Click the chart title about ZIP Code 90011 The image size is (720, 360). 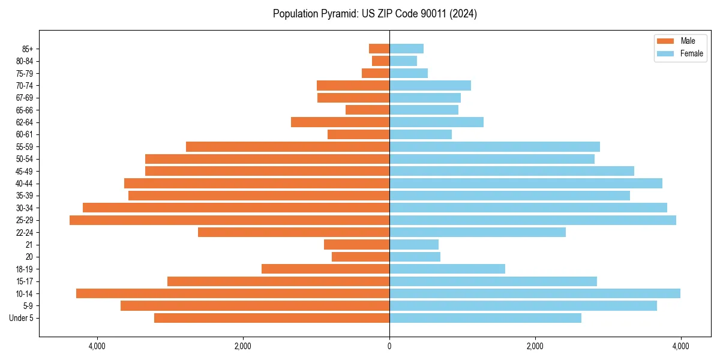(374, 14)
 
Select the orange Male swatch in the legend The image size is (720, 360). (665, 41)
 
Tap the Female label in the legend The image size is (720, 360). (691, 53)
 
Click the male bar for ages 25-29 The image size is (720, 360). (229, 220)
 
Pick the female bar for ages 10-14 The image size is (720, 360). (535, 293)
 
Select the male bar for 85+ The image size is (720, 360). (379, 49)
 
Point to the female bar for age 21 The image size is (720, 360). (414, 244)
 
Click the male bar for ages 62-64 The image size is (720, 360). (340, 122)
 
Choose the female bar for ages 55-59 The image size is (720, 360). (494, 146)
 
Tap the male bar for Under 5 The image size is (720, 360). (272, 318)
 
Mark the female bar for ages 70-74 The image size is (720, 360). (430, 85)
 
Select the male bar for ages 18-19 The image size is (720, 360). (325, 269)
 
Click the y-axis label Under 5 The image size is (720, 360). (22, 318)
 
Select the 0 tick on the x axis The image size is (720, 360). (389, 346)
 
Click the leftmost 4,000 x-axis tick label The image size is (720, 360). (97, 346)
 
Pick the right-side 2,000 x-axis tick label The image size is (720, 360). (535, 346)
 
